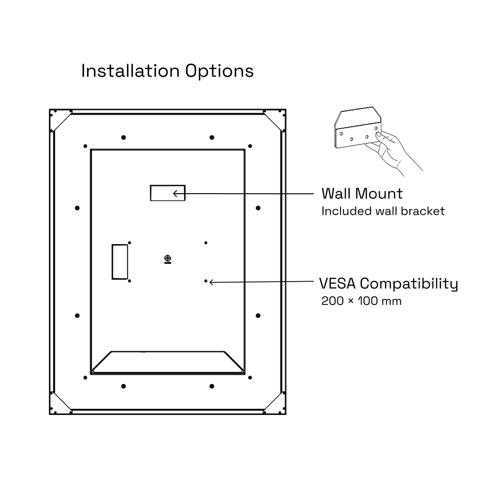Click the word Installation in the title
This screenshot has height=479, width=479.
130,71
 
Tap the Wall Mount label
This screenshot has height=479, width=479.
363,193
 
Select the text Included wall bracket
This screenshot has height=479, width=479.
383,211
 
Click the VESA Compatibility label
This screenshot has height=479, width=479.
389,284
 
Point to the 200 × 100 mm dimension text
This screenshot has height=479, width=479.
362,301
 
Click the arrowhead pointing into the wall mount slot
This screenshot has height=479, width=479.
175,193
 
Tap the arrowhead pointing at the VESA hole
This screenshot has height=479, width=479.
211,282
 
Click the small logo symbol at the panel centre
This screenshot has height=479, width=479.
168,259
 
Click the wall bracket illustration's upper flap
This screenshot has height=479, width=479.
357,117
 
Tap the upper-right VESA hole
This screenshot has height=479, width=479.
206,243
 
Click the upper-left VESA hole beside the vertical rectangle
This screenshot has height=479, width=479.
130,243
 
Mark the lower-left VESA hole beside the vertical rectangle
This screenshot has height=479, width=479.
130,281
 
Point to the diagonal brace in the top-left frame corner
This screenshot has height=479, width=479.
63,122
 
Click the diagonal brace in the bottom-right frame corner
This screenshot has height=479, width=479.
273,401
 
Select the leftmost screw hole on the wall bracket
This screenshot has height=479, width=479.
341,133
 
